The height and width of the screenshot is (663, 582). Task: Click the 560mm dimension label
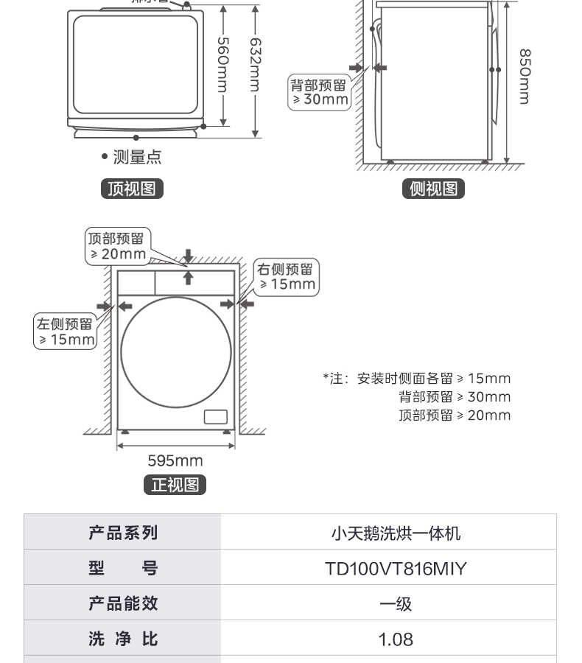click(223, 64)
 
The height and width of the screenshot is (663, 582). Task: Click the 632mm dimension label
click(255, 64)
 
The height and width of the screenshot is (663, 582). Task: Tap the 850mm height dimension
click(524, 77)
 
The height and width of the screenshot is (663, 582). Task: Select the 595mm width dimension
click(175, 461)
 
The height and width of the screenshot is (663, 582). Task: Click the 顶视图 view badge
click(132, 189)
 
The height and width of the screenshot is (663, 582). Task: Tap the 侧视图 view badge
click(433, 189)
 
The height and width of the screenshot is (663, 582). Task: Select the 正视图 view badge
click(175, 485)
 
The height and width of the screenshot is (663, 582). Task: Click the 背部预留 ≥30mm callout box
click(319, 92)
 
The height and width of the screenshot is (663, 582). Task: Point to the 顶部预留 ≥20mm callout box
click(118, 245)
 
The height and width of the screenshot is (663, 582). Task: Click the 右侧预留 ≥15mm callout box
click(286, 277)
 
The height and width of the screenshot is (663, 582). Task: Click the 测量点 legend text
click(136, 157)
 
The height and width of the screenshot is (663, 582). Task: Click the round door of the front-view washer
click(177, 351)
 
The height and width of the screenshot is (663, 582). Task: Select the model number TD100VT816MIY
click(396, 569)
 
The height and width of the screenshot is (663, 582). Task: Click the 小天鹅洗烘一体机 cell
click(396, 533)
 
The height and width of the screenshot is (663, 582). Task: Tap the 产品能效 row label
click(123, 603)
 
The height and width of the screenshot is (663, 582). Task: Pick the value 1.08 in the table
click(396, 639)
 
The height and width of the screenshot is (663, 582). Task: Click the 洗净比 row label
click(123, 639)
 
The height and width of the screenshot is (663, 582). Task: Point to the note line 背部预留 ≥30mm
click(455, 397)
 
